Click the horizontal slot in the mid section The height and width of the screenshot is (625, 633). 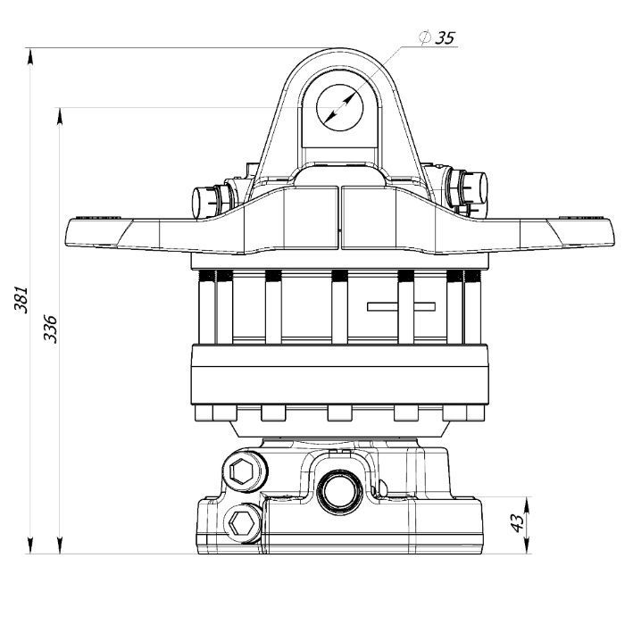[400, 307]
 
